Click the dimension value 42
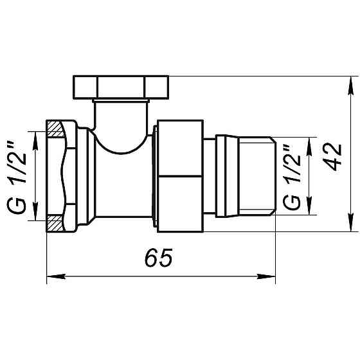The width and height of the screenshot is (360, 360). pyautogui.click(x=332, y=156)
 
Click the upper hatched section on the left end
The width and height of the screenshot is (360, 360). pyautogui.click(x=55, y=129)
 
